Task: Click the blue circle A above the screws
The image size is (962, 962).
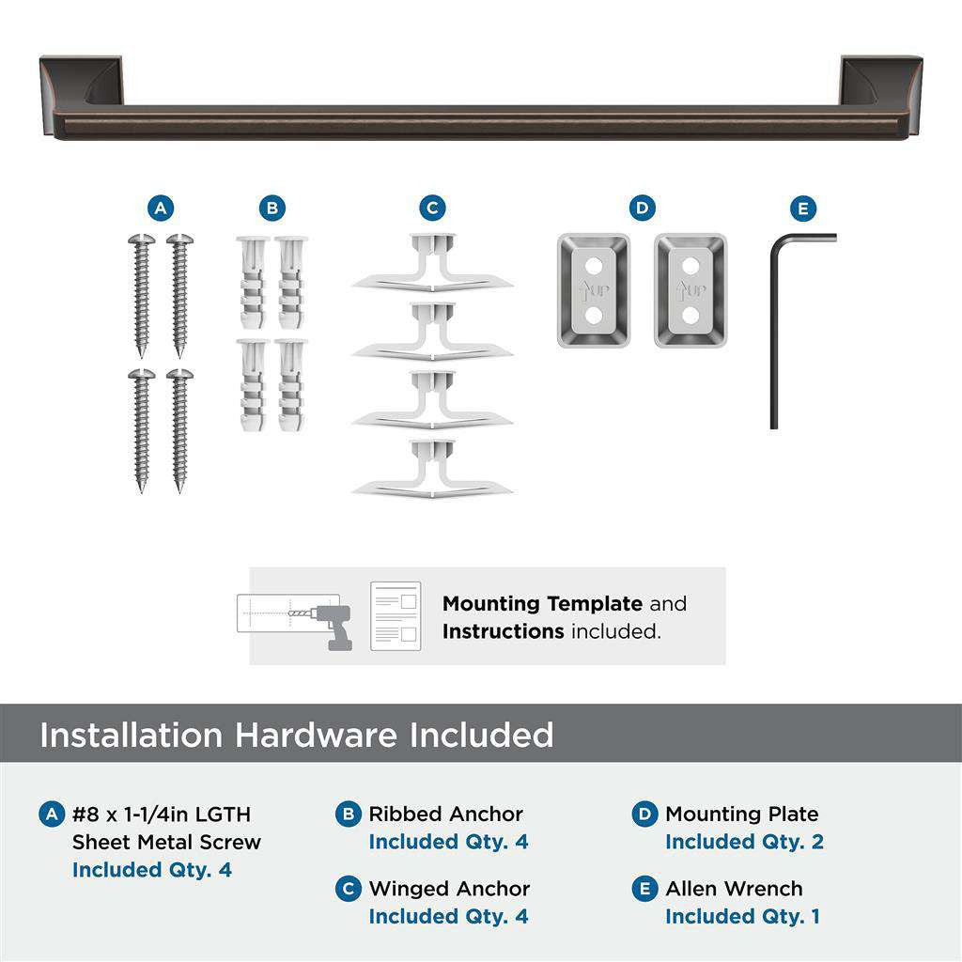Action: pyautogui.click(x=161, y=209)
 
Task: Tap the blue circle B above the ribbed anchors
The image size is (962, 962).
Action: pyautogui.click(x=272, y=209)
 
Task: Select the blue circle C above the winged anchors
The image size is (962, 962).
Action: pyautogui.click(x=432, y=209)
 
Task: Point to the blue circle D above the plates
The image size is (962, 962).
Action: pyautogui.click(x=642, y=209)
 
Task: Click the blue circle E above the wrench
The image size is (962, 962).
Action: pyautogui.click(x=803, y=209)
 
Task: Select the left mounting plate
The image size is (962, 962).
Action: pyautogui.click(x=593, y=290)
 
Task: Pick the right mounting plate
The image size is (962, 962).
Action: pyautogui.click(x=690, y=290)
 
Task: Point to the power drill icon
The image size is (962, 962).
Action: pyautogui.click(x=333, y=626)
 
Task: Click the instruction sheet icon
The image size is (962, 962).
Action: pyautogui.click(x=396, y=616)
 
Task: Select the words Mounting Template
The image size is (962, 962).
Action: pyautogui.click(x=542, y=603)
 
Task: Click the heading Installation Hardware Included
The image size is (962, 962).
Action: pyautogui.click(x=296, y=735)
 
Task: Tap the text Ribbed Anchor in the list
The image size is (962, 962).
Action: pyautogui.click(x=445, y=815)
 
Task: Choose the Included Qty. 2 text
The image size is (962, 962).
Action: pyautogui.click(x=744, y=842)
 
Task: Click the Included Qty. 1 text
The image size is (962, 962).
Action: pyautogui.click(x=742, y=916)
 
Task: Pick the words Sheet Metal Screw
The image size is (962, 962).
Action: pyautogui.click(x=166, y=842)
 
